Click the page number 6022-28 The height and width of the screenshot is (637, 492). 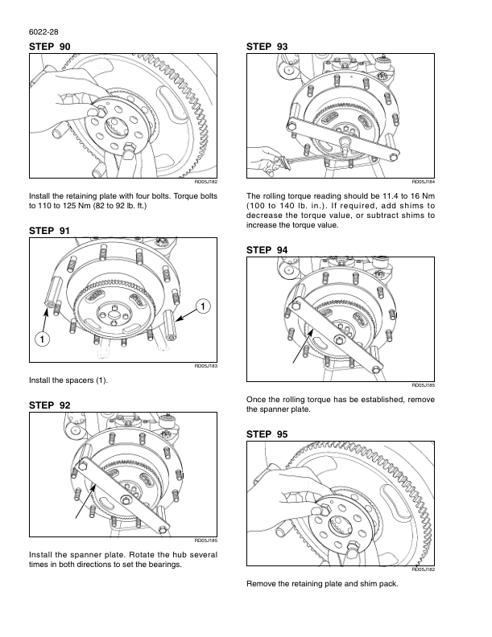coord(43,32)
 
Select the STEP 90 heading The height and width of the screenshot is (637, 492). coord(50,47)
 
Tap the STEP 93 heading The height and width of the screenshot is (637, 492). coord(267,47)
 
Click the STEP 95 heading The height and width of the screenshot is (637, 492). coord(267,434)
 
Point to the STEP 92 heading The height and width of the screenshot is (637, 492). coord(50,405)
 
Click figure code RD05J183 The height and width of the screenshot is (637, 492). coord(206,366)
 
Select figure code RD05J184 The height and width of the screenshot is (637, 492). coord(424,182)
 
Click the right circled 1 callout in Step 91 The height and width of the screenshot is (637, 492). coord(203,306)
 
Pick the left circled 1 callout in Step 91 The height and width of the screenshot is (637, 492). coord(43,339)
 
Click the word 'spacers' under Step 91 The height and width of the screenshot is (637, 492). coord(81,380)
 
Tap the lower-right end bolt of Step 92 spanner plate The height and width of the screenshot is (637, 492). coord(163,530)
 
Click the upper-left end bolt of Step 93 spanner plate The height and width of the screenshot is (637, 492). coord(291,125)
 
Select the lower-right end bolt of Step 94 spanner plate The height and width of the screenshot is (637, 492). coord(376,370)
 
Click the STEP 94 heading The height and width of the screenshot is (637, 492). coord(267,250)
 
